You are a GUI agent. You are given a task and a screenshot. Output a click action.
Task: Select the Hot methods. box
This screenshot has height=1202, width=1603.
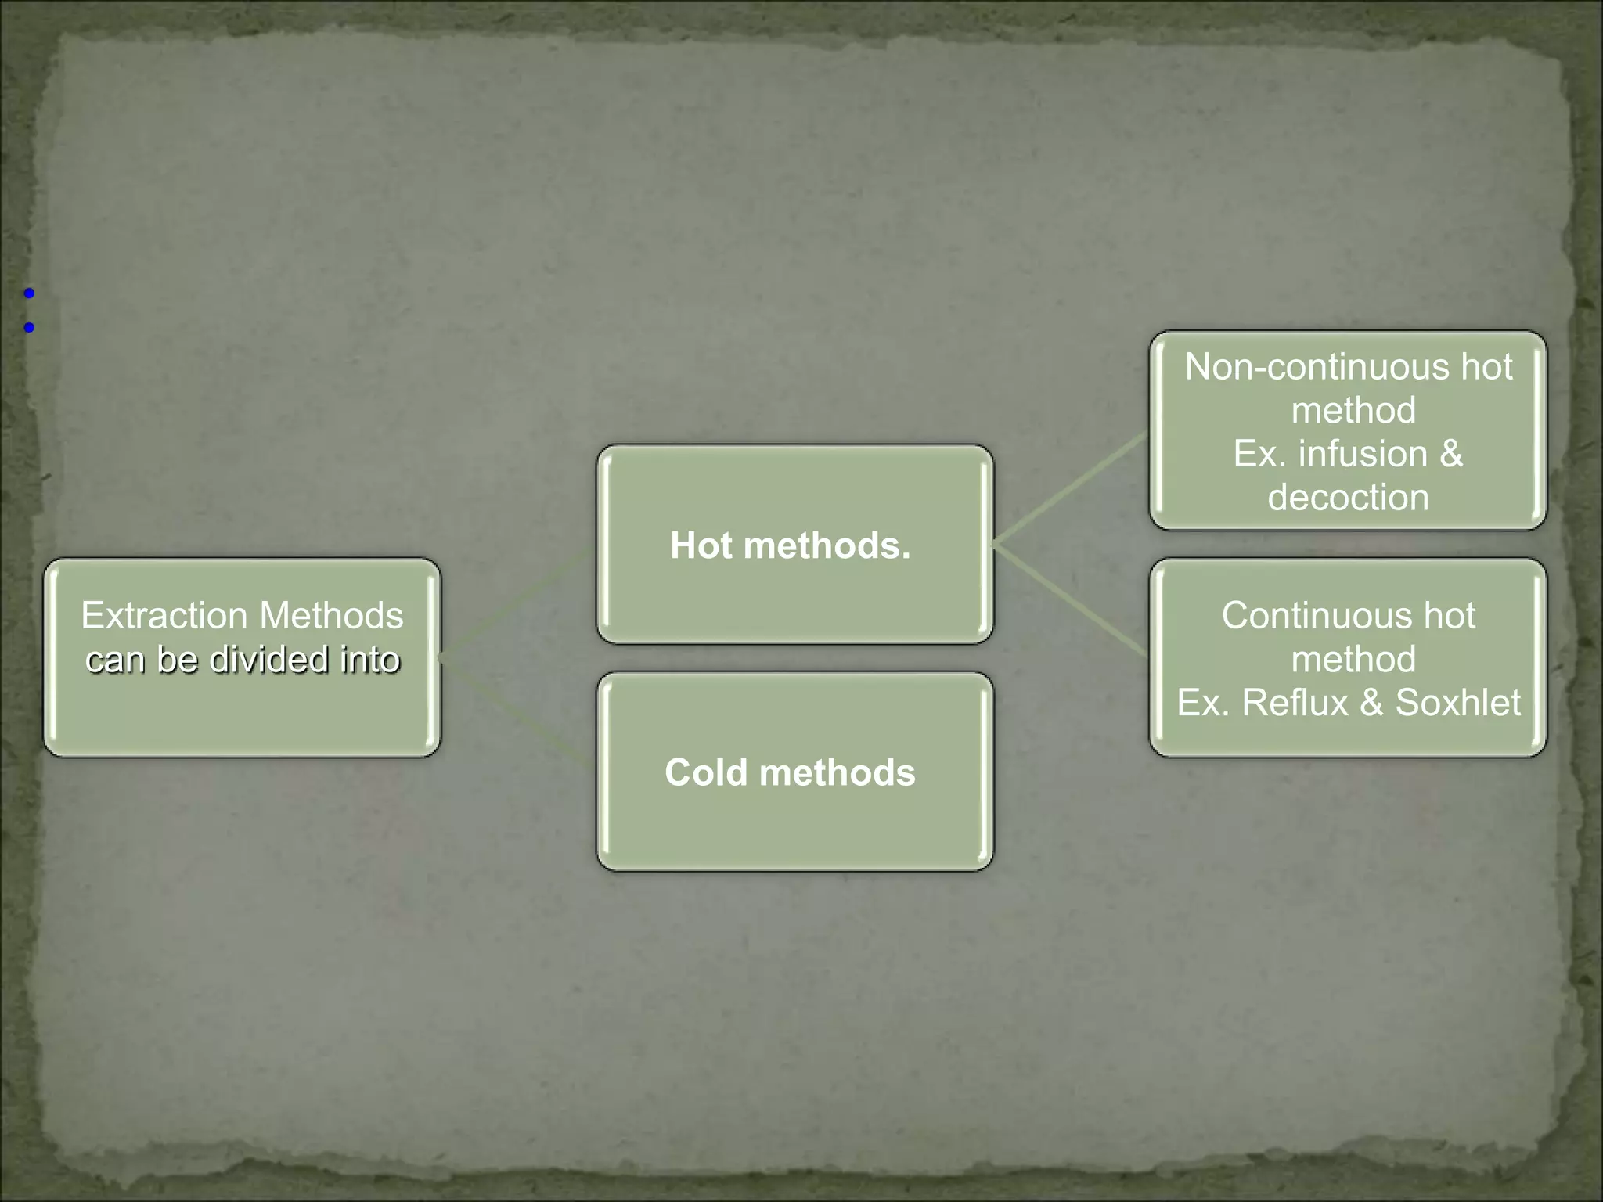coord(794,545)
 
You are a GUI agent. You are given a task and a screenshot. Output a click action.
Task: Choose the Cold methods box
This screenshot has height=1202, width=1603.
coord(794,772)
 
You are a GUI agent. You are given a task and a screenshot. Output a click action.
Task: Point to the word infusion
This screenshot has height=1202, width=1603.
coord(1363,454)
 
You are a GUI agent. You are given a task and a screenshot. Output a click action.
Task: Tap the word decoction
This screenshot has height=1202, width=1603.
coord(1348,498)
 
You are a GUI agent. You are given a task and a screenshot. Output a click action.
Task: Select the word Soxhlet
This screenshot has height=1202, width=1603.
coord(1457,703)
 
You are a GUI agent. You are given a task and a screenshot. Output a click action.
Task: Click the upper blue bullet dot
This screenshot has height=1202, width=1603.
coord(29,293)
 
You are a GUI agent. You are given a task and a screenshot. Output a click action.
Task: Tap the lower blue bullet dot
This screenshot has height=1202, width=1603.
coord(29,328)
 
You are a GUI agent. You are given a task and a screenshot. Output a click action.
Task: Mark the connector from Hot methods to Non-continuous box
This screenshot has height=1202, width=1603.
coord(1071,488)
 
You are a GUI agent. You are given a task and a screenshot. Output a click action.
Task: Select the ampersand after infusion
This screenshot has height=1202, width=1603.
coord(1450,454)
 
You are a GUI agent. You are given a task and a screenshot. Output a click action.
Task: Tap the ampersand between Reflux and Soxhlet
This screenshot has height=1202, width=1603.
coord(1371,703)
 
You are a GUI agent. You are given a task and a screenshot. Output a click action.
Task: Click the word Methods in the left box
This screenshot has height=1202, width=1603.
coord(331,616)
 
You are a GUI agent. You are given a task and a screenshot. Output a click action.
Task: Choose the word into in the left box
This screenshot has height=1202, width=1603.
coord(370,660)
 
